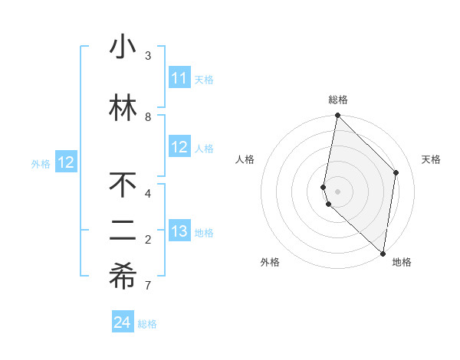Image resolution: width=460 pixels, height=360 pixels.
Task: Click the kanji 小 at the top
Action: pyautogui.click(x=123, y=47)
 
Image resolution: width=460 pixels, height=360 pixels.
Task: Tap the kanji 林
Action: pyautogui.click(x=123, y=109)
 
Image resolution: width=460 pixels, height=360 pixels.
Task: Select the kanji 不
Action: pyautogui.click(x=123, y=186)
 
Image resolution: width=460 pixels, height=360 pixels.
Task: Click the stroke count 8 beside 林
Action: pyautogui.click(x=148, y=117)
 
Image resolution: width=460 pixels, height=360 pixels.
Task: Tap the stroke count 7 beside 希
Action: pyautogui.click(x=148, y=286)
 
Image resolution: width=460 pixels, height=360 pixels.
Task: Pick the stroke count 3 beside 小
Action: pyautogui.click(x=148, y=56)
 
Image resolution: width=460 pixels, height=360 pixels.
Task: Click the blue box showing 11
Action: pyautogui.click(x=179, y=78)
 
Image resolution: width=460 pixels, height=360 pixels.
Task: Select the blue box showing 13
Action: pyautogui.click(x=179, y=232)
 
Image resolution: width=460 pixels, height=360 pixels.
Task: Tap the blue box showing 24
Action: pyautogui.click(x=123, y=323)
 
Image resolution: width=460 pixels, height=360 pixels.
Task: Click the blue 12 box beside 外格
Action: pyautogui.click(x=66, y=162)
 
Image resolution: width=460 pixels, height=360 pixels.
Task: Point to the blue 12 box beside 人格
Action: pyautogui.click(x=179, y=148)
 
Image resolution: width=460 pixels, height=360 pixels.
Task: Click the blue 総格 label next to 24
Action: pyautogui.click(x=147, y=324)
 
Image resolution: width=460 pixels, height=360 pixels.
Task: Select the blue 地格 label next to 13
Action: pyautogui.click(x=204, y=233)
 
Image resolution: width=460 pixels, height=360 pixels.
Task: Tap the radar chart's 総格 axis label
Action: pyautogui.click(x=338, y=100)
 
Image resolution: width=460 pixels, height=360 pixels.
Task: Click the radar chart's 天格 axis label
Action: pyautogui.click(x=431, y=159)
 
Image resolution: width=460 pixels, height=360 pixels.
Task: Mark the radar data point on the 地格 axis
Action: pyautogui.click(x=383, y=253)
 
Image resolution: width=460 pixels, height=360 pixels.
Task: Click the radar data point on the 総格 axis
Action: pyautogui.click(x=337, y=116)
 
